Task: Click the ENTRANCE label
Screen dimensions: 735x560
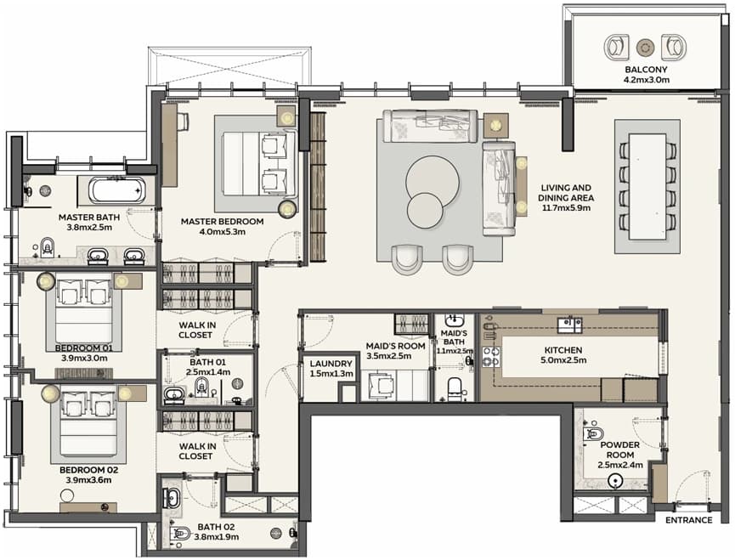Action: pos(688,520)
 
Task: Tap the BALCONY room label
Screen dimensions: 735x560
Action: pos(646,70)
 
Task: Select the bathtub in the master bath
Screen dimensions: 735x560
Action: pos(117,190)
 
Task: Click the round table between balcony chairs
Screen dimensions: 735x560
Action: pos(645,47)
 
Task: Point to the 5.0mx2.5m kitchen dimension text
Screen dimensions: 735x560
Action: pos(563,360)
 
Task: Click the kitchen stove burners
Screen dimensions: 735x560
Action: pos(491,356)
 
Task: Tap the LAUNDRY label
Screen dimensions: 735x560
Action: pos(331,364)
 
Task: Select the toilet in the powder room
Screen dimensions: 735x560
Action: pos(592,433)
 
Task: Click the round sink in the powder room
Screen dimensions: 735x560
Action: pos(614,481)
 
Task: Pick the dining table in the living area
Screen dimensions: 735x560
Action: pos(647,186)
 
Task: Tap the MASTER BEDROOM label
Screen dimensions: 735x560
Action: pos(222,222)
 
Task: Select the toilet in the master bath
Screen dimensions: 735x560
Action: pos(48,246)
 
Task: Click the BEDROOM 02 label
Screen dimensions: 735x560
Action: pos(88,470)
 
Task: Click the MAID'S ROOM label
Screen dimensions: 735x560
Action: pos(396,346)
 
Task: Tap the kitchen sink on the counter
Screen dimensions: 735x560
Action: pos(570,325)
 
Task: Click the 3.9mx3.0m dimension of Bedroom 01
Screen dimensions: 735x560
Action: pos(84,359)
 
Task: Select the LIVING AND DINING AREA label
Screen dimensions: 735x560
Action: pos(566,193)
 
